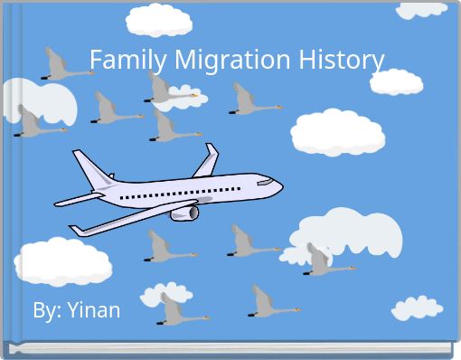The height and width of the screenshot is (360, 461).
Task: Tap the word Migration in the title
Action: point(227,61)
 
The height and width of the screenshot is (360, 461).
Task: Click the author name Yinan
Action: point(92,310)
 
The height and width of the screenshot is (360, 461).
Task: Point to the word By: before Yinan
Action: point(46,310)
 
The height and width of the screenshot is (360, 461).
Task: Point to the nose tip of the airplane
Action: point(281,187)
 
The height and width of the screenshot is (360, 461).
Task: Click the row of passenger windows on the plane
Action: point(181,194)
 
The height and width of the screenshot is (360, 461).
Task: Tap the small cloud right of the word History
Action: point(396,81)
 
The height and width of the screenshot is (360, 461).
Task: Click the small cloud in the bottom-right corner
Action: point(417,308)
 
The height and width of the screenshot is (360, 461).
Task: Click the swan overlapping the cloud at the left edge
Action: point(36,122)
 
